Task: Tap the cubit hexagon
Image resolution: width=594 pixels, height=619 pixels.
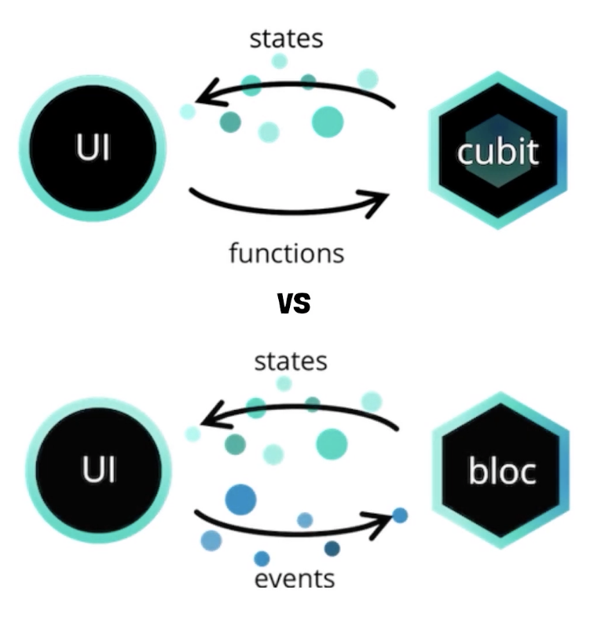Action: (497, 150)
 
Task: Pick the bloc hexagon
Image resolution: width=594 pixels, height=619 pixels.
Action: (500, 471)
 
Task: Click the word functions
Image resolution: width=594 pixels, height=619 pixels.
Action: (286, 254)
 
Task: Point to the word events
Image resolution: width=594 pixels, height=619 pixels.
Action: (295, 579)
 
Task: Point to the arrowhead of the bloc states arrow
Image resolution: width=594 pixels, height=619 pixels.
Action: (207, 423)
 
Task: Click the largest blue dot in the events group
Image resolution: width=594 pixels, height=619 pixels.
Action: (241, 499)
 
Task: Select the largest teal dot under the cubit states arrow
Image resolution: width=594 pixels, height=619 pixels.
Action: (328, 122)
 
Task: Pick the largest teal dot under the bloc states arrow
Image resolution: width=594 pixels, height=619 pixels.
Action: (332, 445)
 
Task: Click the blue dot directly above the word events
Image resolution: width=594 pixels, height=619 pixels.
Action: (262, 559)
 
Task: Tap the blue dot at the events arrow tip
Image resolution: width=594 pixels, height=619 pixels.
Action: (400, 515)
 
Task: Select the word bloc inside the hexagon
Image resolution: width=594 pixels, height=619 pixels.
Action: (502, 471)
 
